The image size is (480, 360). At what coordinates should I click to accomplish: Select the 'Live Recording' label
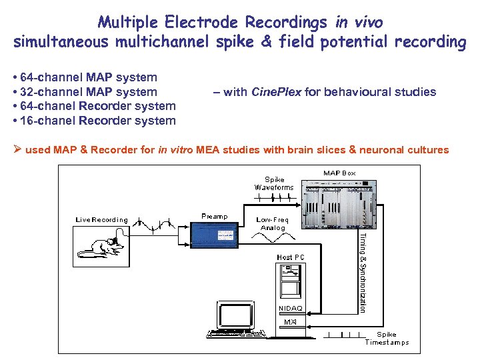101,219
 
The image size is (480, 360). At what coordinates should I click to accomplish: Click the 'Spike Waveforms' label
274,183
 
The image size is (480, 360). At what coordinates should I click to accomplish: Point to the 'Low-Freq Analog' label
273,223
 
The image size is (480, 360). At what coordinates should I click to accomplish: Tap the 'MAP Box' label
339,173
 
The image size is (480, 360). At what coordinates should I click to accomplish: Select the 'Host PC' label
291,257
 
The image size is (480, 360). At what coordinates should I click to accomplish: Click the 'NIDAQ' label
290,309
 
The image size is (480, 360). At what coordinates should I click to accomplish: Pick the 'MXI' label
290,322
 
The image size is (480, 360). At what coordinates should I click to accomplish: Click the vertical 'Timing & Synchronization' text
363,272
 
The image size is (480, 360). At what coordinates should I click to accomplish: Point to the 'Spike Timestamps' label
387,339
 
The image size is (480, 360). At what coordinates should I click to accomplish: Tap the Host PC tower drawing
290,280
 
